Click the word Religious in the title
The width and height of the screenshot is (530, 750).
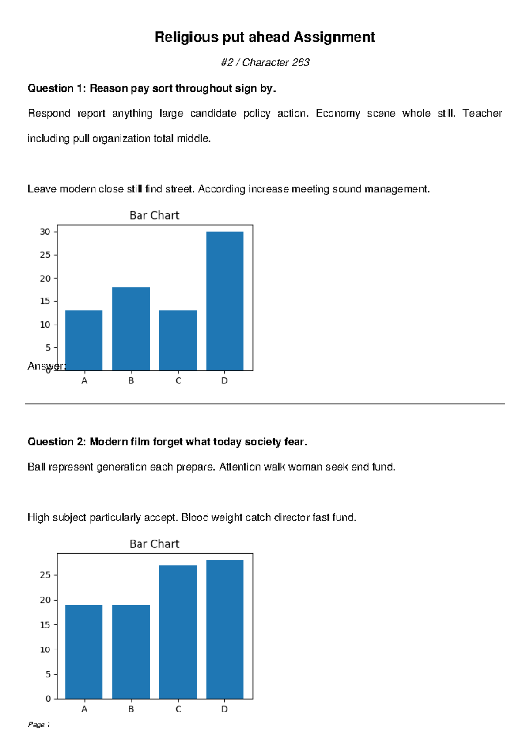pyautogui.click(x=186, y=37)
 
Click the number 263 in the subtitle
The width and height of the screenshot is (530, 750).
pyautogui.click(x=301, y=63)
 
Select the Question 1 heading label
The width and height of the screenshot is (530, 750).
pyautogui.click(x=57, y=88)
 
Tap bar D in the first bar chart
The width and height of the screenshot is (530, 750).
pyautogui.click(x=225, y=301)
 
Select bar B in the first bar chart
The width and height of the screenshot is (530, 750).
pyautogui.click(x=131, y=329)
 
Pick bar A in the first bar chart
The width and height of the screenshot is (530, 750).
pyautogui.click(x=84, y=340)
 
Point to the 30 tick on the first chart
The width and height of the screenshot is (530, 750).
pyautogui.click(x=45, y=232)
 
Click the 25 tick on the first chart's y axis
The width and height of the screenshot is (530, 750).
pyautogui.click(x=45, y=255)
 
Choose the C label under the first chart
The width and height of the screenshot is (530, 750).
pyautogui.click(x=178, y=381)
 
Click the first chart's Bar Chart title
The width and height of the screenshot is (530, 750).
pyautogui.click(x=155, y=215)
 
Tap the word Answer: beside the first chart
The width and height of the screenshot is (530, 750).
pyautogui.click(x=47, y=366)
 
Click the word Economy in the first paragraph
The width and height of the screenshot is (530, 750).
pyautogui.click(x=338, y=114)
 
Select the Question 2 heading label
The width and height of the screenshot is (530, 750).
pyautogui.click(x=57, y=442)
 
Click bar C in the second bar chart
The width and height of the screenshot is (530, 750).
pyautogui.click(x=178, y=632)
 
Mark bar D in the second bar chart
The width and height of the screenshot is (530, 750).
pyautogui.click(x=225, y=629)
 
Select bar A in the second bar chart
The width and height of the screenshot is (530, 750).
pyautogui.click(x=84, y=652)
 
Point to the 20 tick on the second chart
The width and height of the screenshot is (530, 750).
pyautogui.click(x=45, y=600)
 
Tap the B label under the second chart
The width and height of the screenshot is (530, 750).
pyautogui.click(x=131, y=709)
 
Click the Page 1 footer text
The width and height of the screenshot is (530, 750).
pyautogui.click(x=39, y=724)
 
